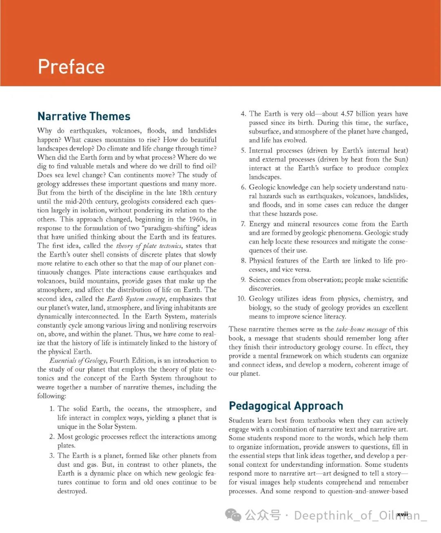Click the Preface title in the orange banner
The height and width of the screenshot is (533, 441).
click(x=71, y=67)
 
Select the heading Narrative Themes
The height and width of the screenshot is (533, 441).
click(x=84, y=116)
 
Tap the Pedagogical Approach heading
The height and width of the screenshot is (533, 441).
click(x=286, y=406)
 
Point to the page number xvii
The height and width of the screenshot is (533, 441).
click(x=402, y=514)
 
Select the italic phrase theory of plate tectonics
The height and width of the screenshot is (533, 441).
click(x=149, y=246)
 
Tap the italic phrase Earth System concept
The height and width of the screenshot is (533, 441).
click(x=136, y=299)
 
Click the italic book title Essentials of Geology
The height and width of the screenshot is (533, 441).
click(x=78, y=361)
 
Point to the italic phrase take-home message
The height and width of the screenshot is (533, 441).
click(x=361, y=329)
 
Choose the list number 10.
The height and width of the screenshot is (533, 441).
click(x=241, y=299)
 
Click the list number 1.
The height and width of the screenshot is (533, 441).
click(x=52, y=409)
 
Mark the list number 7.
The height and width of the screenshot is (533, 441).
click(x=243, y=224)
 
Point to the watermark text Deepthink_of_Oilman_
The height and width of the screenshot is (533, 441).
click(x=359, y=515)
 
